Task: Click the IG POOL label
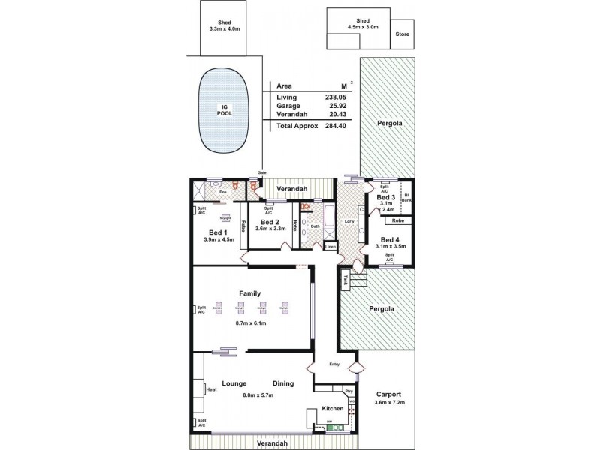225,110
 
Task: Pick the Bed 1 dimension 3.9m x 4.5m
219,240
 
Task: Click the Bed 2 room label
269,222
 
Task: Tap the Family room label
250,292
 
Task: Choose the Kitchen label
333,409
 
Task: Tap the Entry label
335,364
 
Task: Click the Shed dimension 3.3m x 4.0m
223,29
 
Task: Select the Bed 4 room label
390,239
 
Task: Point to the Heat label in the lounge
211,390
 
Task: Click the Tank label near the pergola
346,280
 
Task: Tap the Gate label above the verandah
262,173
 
